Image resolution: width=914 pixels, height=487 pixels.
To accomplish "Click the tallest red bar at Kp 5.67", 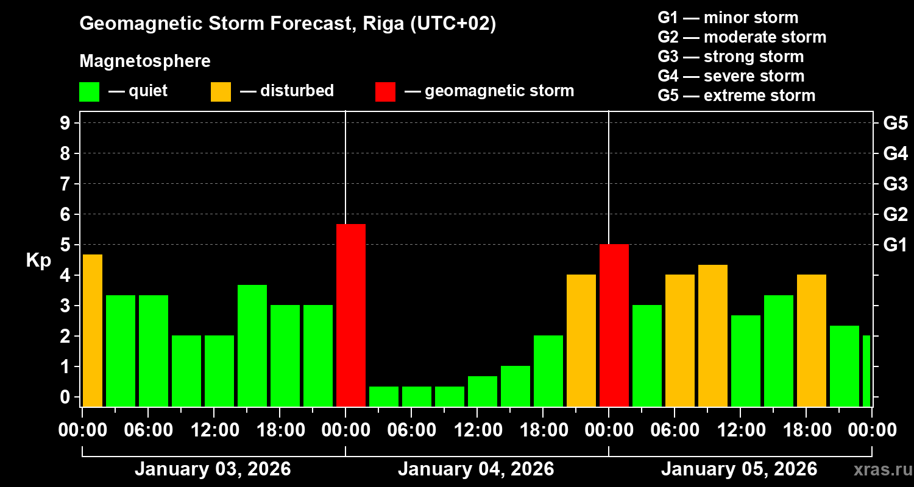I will click(351, 315).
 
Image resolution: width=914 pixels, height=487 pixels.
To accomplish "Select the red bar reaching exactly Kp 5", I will click(614, 325).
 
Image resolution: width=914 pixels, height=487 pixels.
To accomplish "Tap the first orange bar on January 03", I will click(93, 330).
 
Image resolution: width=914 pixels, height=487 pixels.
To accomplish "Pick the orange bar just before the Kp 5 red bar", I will click(581, 340).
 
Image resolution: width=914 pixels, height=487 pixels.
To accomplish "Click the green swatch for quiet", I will click(89, 91).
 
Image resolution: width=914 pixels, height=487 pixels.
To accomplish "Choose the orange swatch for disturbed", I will click(221, 91).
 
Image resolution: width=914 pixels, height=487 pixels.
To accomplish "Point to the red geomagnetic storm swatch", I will click(385, 91).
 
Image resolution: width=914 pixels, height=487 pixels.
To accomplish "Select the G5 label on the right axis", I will click(895, 123).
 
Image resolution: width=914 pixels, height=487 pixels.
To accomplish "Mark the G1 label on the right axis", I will click(895, 245).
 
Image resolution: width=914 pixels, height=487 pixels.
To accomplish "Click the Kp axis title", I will click(38, 261).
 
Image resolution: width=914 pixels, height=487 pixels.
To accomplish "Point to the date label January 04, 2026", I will click(476, 469).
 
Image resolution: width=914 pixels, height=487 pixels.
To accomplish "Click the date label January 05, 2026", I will click(739, 469).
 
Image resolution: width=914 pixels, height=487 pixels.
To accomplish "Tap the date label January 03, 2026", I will click(213, 469).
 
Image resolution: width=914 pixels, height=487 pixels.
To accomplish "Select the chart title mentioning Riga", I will click(288, 24).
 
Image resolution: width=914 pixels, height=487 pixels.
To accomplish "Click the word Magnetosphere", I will click(145, 61).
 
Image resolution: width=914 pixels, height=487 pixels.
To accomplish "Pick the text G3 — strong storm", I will click(731, 57).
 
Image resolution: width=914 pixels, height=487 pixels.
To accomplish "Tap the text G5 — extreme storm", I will click(736, 96).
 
